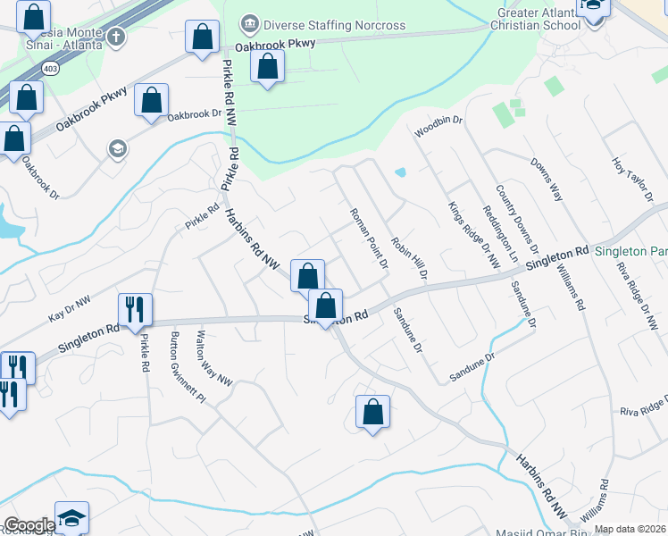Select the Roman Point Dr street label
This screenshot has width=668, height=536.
coord(369,239)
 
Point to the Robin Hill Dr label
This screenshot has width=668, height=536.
coord(409,254)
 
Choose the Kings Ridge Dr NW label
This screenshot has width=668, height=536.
coord(473,234)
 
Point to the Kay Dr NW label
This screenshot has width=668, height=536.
coord(70,310)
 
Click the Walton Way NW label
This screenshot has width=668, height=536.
coord(214,358)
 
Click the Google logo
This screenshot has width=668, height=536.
coord(29,525)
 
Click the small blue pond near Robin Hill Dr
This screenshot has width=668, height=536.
coord(400,172)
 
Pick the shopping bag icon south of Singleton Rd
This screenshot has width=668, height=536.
coord(373,412)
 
